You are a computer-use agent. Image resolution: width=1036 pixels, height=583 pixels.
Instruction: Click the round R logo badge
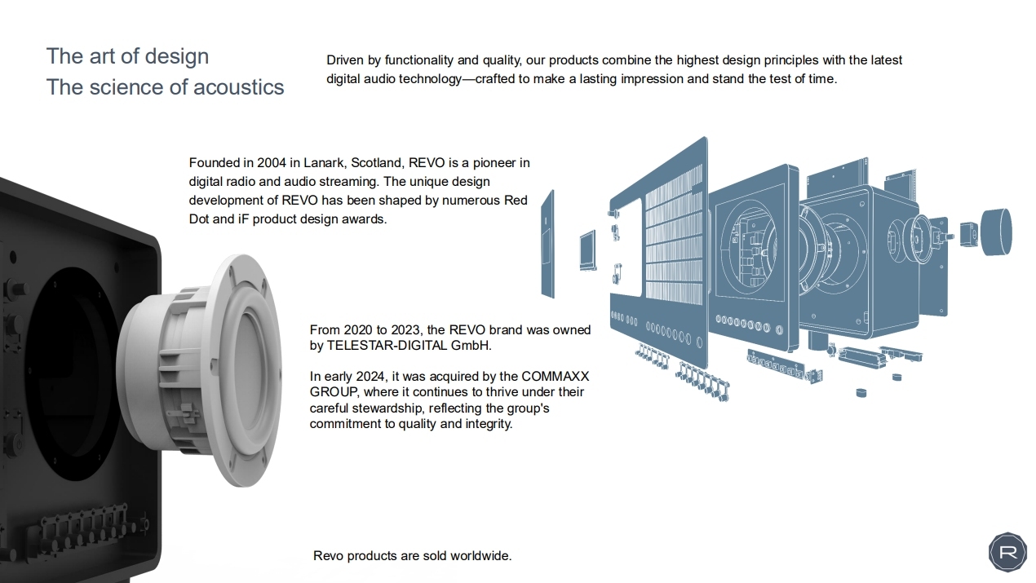(x=1007, y=552)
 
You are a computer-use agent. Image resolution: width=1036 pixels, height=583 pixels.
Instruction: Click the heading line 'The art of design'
(x=128, y=56)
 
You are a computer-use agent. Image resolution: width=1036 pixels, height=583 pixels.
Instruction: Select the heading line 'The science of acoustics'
(x=166, y=87)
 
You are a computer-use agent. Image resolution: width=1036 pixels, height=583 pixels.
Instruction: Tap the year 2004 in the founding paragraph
(x=272, y=163)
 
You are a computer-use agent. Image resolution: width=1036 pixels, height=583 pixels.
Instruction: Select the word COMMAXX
(x=555, y=377)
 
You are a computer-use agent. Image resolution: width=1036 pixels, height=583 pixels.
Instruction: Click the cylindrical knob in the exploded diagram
(x=995, y=232)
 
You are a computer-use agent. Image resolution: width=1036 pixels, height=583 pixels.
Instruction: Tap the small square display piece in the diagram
(x=587, y=250)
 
